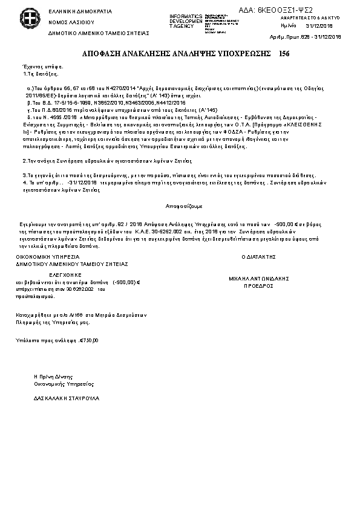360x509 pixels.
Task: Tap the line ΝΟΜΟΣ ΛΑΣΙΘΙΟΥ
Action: pyautogui.click(x=67, y=21)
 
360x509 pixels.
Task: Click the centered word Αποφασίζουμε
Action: pyautogui.click(x=180, y=206)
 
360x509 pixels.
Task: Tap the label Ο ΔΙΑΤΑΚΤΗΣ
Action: pyautogui.click(x=259, y=257)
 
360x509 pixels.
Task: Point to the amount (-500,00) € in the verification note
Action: pyautogui.click(x=126, y=282)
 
